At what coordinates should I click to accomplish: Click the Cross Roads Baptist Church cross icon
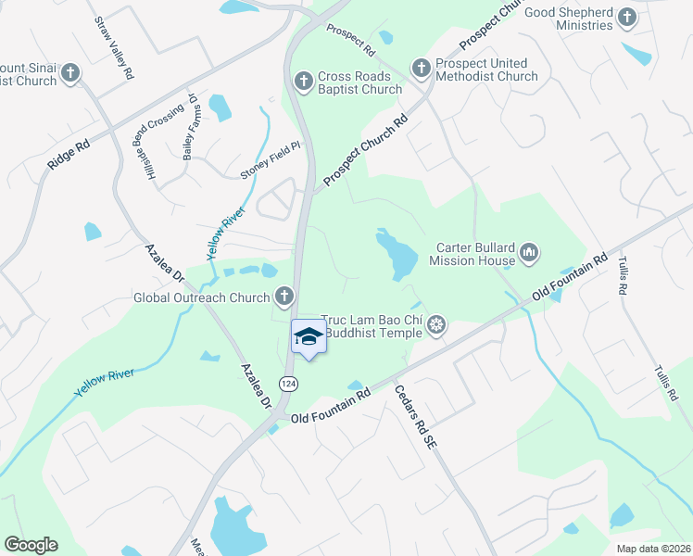click(x=302, y=82)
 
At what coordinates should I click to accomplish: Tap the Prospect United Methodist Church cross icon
click(x=421, y=68)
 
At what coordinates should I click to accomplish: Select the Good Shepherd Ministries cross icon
click(x=627, y=17)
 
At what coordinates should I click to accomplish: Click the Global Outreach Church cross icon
click(x=284, y=297)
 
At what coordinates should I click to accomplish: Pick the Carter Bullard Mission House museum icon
click(x=529, y=252)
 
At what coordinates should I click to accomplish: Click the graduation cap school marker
click(x=309, y=337)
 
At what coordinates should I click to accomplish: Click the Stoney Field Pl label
click(x=271, y=161)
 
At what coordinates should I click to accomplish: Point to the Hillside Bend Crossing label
click(x=159, y=142)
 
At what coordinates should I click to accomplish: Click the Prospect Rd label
click(x=350, y=37)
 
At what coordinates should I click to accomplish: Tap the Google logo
click(x=31, y=544)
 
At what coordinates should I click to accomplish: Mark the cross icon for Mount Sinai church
click(x=71, y=72)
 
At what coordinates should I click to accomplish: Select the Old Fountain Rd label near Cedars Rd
click(x=331, y=407)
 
